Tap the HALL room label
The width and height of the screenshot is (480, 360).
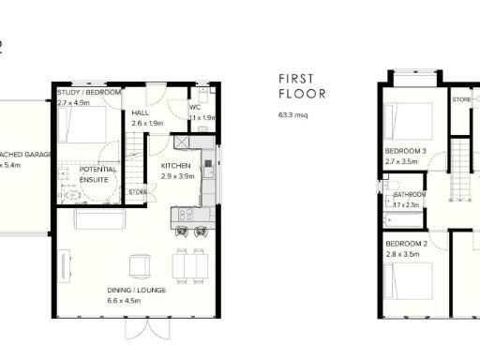pyautogui.click(x=141, y=112)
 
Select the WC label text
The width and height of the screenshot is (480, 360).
pyautogui.click(x=195, y=107)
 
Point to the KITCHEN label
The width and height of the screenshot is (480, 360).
pyautogui.click(x=175, y=166)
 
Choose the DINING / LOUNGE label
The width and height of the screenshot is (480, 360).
pyautogui.click(x=136, y=291)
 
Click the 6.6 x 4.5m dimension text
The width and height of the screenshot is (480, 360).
pyautogui.click(x=136, y=301)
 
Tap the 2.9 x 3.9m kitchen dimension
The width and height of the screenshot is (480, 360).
pyautogui.click(x=175, y=176)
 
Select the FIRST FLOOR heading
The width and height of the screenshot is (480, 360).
pyautogui.click(x=302, y=87)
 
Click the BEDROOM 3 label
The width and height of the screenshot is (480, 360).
pyautogui.click(x=406, y=152)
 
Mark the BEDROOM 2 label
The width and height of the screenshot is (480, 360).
pyautogui.click(x=406, y=244)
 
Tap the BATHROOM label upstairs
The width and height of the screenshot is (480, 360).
pyautogui.click(x=409, y=195)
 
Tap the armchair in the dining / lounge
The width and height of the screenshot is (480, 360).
pyautogui.click(x=139, y=266)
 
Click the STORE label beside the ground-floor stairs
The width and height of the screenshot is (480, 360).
pyautogui.click(x=138, y=192)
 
